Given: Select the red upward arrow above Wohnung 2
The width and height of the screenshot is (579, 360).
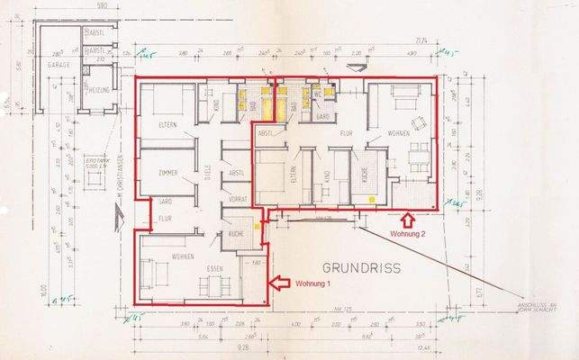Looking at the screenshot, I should [x=406, y=217].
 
